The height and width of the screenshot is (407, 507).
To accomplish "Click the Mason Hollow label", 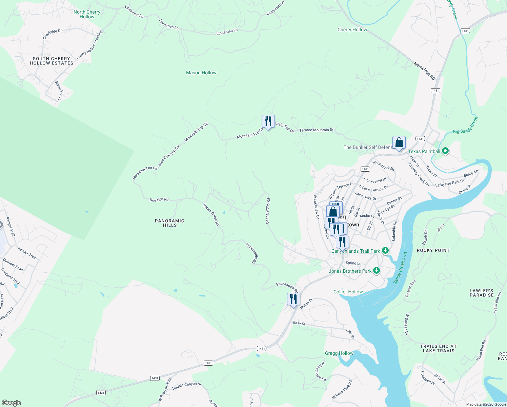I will (201, 73).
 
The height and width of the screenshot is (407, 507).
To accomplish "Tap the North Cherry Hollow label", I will (87, 14).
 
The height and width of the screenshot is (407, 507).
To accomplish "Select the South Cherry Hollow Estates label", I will (52, 61).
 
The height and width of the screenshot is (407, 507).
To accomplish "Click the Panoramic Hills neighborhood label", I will (169, 223).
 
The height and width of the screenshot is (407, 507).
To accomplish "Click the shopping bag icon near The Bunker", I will (399, 143).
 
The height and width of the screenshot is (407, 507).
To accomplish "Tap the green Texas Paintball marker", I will (445, 151).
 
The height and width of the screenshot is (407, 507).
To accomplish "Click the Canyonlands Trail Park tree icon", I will (385, 251).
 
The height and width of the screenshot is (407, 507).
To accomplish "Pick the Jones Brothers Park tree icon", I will (376, 271).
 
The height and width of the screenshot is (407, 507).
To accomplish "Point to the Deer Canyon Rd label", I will (267, 211).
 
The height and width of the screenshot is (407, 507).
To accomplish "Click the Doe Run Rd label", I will (159, 200).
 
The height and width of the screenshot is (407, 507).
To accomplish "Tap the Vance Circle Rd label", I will (211, 215).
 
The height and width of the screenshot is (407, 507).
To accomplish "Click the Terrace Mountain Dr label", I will (316, 130).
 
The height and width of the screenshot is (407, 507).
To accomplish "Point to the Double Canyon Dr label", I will (187, 386).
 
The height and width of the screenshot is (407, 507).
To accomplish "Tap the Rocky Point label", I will (433, 250).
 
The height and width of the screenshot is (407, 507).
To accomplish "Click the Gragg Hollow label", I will (339, 353).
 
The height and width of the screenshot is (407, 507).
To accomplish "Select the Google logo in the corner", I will (11, 403).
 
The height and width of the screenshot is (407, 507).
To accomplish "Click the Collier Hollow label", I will (348, 292).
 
